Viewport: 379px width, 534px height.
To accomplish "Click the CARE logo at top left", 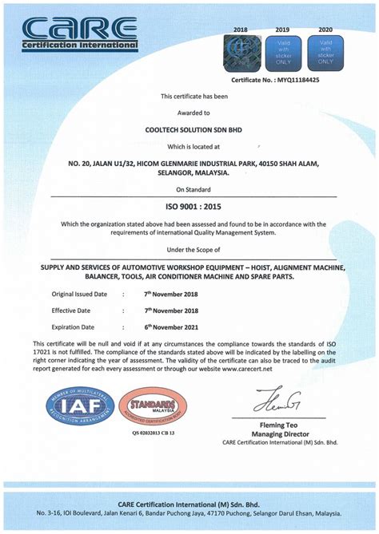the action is coord(80,33).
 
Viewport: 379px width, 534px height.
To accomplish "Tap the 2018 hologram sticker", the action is coord(241,49).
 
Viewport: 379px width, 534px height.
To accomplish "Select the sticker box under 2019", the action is coord(282,49).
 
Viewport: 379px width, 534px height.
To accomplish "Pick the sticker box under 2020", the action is coord(325,49).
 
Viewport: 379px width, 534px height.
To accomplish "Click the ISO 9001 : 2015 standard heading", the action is coord(189,205).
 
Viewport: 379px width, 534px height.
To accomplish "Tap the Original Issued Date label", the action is coord(79,294).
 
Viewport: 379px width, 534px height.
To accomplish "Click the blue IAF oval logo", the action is coord(79,405).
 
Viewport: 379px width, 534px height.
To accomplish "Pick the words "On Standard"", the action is coord(189,189).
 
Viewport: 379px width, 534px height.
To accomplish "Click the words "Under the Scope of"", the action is coord(189,248).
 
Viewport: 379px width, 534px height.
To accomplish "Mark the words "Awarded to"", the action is coord(189,113).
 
